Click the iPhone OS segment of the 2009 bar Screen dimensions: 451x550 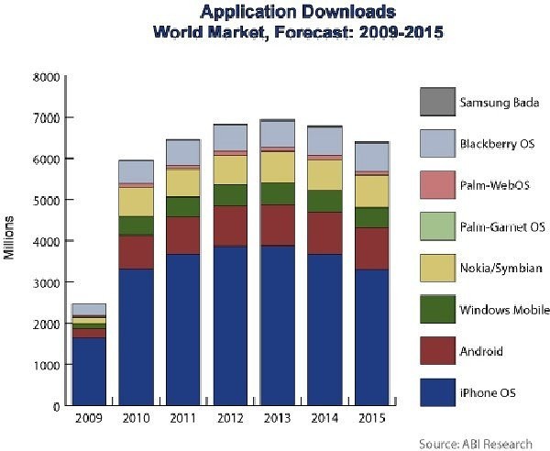pyautogui.click(x=90, y=371)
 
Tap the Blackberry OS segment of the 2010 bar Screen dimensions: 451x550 pyautogui.click(x=137, y=171)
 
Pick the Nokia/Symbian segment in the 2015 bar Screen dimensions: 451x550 pyautogui.click(x=371, y=191)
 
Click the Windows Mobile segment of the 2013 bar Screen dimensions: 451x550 pyautogui.click(x=278, y=193)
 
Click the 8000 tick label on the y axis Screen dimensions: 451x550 pyautogui.click(x=48, y=77)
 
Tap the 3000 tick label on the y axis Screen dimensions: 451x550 pyautogui.click(x=48, y=283)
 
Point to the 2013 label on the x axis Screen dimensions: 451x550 pyautogui.click(x=278, y=421)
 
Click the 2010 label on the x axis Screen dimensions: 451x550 pyautogui.click(x=137, y=421)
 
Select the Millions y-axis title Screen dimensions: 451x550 pyautogui.click(x=10, y=238)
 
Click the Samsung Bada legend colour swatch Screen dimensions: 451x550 pyautogui.click(x=433, y=102)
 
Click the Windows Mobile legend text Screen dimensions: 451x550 pyautogui.click(x=502, y=311)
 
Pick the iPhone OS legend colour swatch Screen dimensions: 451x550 pyautogui.click(x=433, y=392)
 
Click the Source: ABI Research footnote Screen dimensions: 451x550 pyautogui.click(x=475, y=443)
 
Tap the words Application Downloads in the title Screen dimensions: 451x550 pyautogui.click(x=285, y=12)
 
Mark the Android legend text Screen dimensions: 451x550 pyautogui.click(x=480, y=352)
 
